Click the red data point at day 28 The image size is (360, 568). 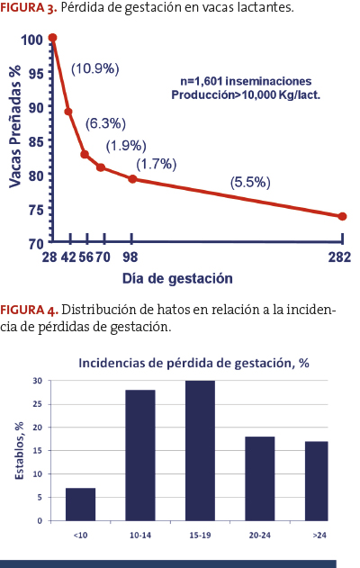tap(52, 38)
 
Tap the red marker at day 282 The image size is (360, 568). tap(342, 217)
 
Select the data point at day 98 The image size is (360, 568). tap(132, 179)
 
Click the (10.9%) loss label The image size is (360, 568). tap(94, 68)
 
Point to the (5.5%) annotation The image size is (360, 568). tap(250, 182)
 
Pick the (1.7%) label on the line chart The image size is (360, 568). tap(156, 164)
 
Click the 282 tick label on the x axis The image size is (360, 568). tap(339, 257)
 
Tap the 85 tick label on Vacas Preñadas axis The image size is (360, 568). tap(36, 141)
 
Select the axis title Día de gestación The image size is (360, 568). tap(177, 278)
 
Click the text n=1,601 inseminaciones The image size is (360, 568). tap(246, 81)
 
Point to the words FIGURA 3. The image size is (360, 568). tap(29, 7)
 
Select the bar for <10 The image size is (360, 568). tap(80, 504)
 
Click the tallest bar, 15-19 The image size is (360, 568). tap(200, 451)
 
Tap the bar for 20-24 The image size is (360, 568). tap(260, 479)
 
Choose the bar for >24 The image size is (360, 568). tap(316, 481)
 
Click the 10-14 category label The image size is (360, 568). tap(140, 535)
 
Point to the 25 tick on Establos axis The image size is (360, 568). tap(37, 404)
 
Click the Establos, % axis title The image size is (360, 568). tap(19, 451)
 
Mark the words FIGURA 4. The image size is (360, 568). tap(29, 310)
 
